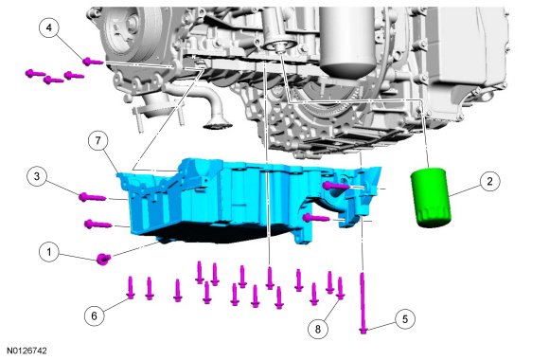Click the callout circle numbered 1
click(49, 252)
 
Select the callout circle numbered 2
click(489, 181)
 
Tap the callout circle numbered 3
click(37, 176)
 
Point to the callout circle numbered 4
click(49, 27)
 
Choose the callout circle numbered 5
click(405, 319)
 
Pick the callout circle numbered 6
click(95, 315)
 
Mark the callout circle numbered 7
click(98, 140)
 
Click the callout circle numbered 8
click(318, 329)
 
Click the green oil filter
click(431, 198)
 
